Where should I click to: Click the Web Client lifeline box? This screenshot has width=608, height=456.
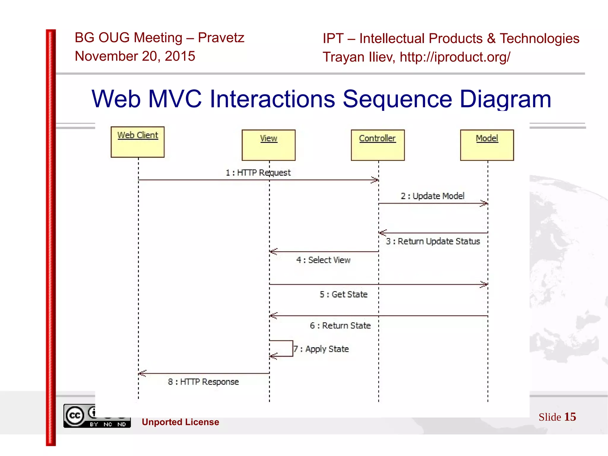[137, 142]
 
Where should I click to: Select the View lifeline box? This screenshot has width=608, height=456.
[268, 145]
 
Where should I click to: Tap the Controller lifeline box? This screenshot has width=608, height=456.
[377, 145]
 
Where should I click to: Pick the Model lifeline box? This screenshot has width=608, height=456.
[487, 145]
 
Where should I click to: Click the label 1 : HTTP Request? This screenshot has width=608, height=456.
[258, 173]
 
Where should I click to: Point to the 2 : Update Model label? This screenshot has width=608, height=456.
[432, 196]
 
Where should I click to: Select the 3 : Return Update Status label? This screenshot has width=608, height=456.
[433, 241]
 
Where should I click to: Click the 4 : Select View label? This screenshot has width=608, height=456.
[323, 260]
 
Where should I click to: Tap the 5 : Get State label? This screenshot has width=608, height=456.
[343, 294]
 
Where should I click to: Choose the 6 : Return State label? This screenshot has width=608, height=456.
[340, 326]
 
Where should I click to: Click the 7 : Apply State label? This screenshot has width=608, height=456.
[321, 349]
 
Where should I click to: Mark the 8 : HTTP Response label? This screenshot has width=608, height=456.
[203, 382]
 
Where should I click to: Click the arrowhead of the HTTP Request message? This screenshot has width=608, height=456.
[375, 180]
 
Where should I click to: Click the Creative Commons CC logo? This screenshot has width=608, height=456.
[75, 415]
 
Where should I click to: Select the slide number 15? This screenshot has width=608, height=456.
[570, 417]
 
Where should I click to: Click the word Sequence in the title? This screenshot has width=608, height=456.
[397, 99]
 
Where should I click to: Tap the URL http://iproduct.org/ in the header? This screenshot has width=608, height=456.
[455, 57]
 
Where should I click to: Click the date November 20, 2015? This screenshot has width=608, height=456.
[135, 56]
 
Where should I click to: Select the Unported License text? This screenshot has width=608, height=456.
[180, 422]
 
